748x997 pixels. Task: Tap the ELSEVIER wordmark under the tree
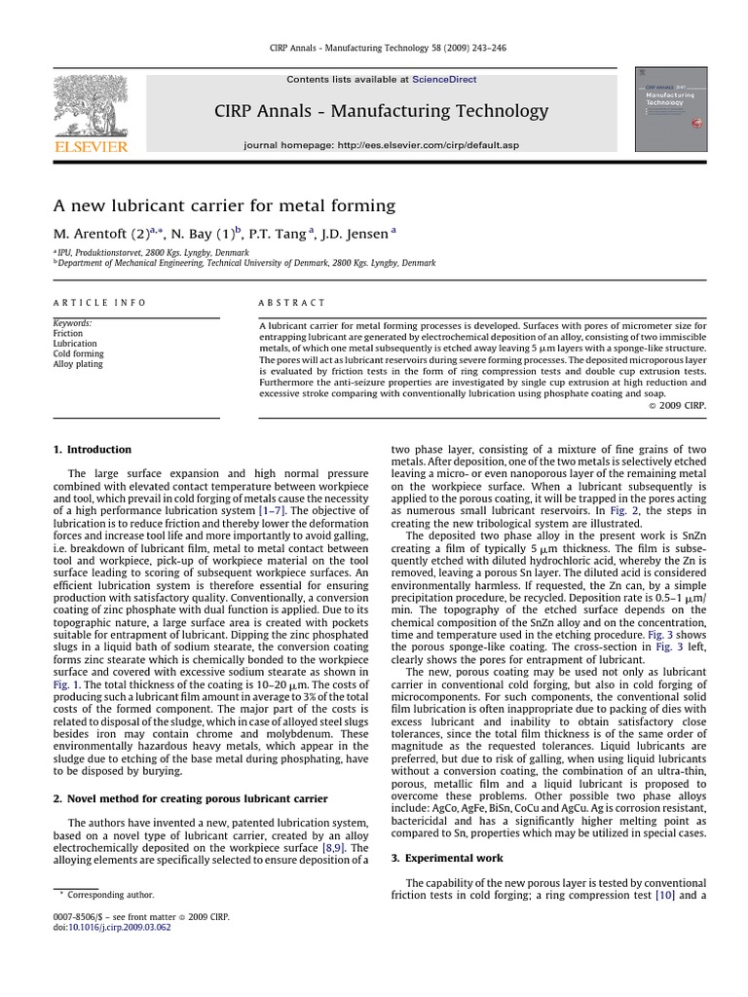pyautogui.click(x=91, y=145)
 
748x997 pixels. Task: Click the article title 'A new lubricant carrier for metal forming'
pyautogui.click(x=224, y=205)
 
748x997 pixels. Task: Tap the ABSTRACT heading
pyautogui.click(x=293, y=303)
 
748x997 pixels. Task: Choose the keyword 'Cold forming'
pyautogui.click(x=79, y=354)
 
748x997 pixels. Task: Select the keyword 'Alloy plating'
pyautogui.click(x=78, y=365)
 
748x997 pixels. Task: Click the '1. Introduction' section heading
pyautogui.click(x=92, y=449)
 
